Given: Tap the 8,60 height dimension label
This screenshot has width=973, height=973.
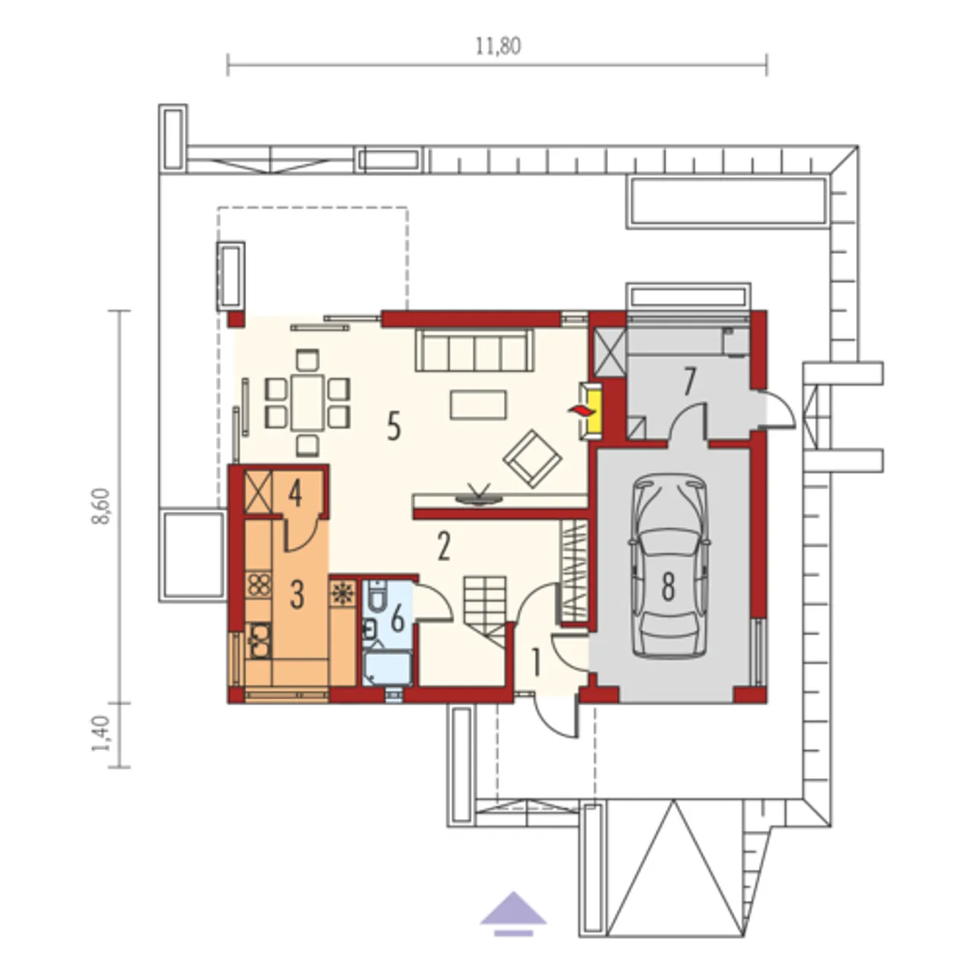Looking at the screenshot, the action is coord(102,507).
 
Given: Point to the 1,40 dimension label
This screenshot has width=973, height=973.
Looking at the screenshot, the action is coord(101,734).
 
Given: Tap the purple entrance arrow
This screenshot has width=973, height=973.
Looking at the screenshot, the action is coord(513,560).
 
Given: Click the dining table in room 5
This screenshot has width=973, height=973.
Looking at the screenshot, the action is coord(308,402).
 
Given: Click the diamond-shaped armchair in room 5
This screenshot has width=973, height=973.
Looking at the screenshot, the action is coord(533,458).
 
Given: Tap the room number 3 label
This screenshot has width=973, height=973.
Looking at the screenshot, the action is coord(297,594).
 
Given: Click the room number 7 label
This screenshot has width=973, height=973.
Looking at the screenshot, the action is coord(689,382).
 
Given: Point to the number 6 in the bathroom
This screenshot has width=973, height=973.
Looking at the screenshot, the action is coord(398,620).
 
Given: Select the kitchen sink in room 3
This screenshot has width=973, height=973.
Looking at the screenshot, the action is coord(259,642).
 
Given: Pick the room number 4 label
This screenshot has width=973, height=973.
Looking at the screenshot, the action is coord(296,494).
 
